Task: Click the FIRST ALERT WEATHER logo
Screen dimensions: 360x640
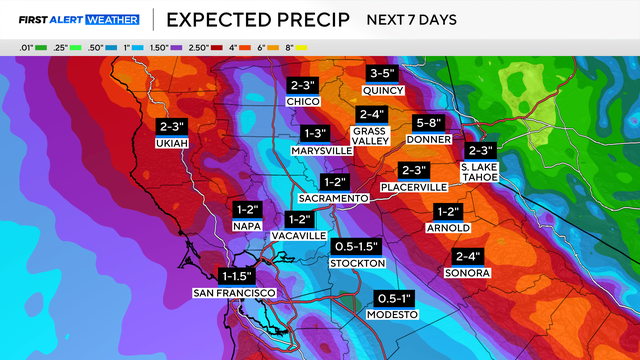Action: [x=76, y=19]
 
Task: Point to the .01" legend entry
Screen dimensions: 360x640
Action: [x=28, y=46]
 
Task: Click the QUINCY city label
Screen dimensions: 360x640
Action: [x=382, y=90]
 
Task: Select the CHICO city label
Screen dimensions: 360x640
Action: [x=302, y=101]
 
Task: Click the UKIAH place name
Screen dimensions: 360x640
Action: [x=172, y=143]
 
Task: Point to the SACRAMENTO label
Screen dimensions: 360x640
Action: [x=334, y=198]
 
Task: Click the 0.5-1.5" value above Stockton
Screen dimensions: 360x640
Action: [x=356, y=246]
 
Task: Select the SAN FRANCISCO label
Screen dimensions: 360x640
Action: [x=234, y=291]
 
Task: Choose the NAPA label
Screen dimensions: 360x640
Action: [x=247, y=226]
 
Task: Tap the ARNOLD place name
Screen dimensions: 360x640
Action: [x=447, y=227]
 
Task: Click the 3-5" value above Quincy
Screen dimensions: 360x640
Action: [x=382, y=74]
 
